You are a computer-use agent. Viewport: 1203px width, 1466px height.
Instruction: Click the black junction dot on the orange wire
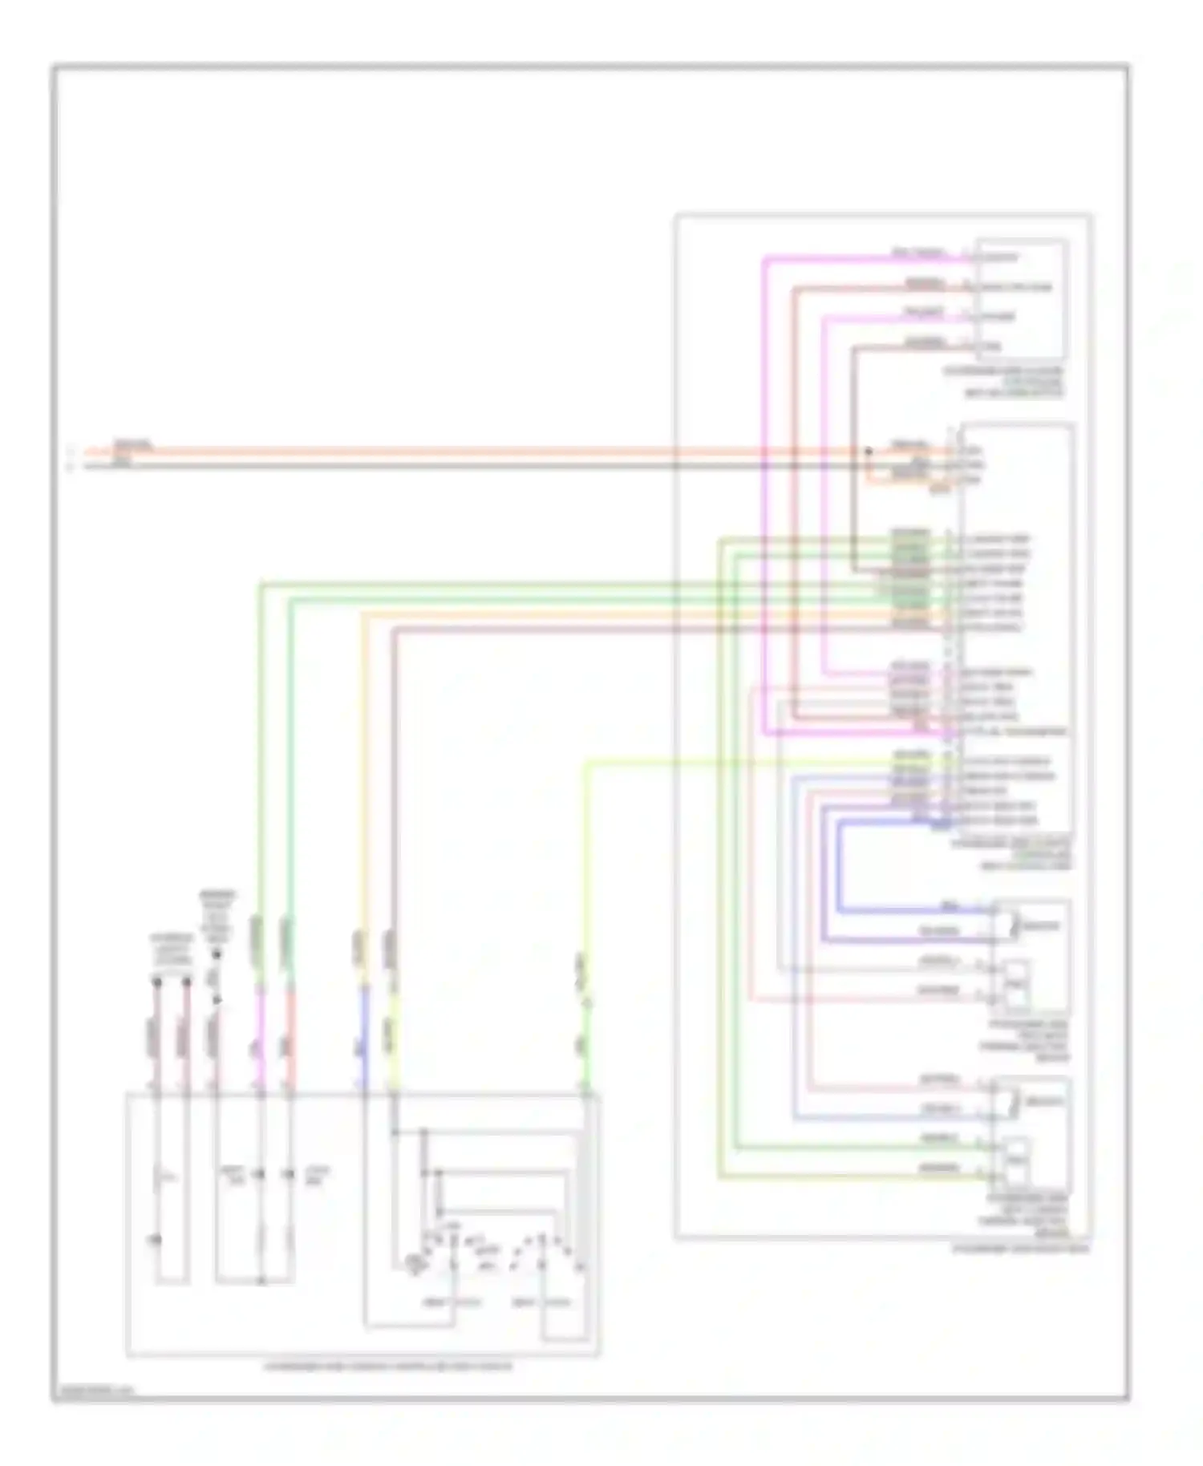point(868,452)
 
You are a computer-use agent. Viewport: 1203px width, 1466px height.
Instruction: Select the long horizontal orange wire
point(481,452)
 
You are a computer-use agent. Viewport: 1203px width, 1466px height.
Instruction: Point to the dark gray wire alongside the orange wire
point(481,466)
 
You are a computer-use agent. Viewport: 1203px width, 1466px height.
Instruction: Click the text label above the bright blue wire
point(950,906)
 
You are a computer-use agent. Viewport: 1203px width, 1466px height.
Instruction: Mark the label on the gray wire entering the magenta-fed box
point(924,342)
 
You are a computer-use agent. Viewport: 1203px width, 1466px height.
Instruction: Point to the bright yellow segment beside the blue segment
point(393,1043)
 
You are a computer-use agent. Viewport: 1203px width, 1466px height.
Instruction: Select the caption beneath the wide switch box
point(387,1366)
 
